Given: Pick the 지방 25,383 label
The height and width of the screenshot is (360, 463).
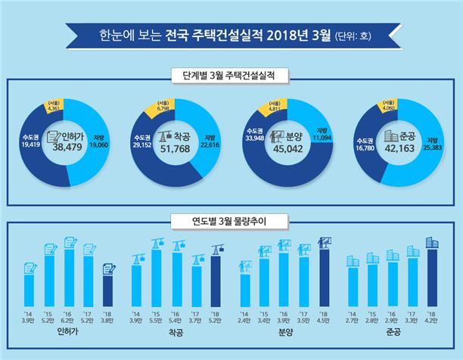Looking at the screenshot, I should tap(433, 144).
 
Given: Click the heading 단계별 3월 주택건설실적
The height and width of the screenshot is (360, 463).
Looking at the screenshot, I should tap(231, 76).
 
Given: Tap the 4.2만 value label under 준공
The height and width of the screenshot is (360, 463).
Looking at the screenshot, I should tap(432, 319).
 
